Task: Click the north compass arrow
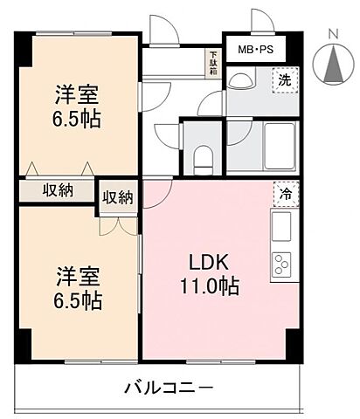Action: point(332,64)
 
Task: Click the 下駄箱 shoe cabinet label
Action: point(212,64)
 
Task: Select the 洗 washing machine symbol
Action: point(284,80)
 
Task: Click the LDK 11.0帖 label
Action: point(210,272)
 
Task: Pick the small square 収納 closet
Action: point(118,197)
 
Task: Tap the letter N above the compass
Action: point(332,34)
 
